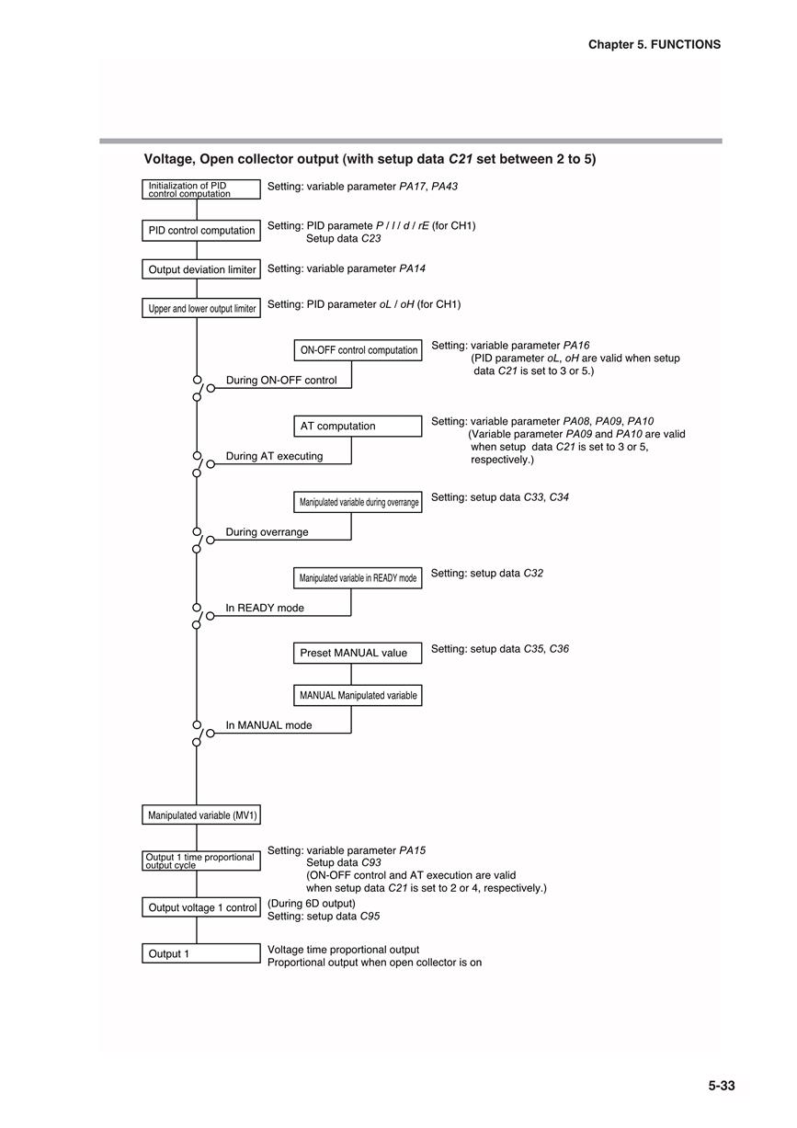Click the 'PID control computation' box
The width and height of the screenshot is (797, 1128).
[201, 230]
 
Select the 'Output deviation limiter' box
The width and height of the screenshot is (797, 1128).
[201, 269]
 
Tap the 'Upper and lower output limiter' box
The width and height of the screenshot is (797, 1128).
[201, 308]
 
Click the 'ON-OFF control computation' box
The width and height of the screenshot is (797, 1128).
[358, 350]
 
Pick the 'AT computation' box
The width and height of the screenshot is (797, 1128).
[358, 426]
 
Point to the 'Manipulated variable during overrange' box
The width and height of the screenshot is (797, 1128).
[358, 502]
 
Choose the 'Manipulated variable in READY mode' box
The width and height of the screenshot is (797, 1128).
[358, 578]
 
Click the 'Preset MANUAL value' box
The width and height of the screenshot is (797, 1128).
[358, 653]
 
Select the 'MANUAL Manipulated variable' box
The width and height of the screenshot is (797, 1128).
[358, 695]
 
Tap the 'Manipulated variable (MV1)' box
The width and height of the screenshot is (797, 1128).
[201, 815]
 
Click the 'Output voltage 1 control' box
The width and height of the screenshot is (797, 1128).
[201, 907]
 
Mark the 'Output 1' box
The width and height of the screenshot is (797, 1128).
[201, 953]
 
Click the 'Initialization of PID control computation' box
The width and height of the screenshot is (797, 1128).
[201, 189]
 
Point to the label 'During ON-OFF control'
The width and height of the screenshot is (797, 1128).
[281, 381]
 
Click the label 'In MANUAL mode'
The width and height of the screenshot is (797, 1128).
[268, 725]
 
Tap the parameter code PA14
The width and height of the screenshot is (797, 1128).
[413, 268]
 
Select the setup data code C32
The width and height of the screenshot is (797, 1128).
[534, 573]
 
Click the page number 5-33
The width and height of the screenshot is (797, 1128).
[722, 1085]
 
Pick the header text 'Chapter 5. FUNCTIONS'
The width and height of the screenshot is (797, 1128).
[655, 44]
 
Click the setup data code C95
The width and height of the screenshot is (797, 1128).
[370, 916]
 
